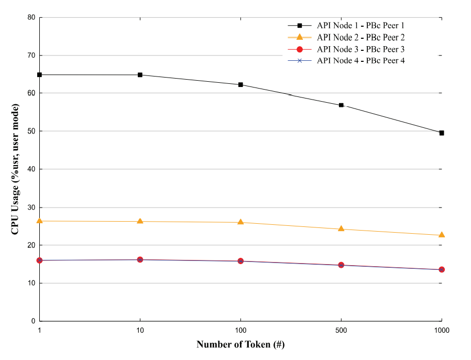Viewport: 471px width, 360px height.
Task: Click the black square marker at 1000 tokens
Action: click(442, 133)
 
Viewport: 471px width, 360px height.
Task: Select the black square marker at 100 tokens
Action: click(240, 85)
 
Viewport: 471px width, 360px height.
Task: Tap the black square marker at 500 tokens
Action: click(341, 105)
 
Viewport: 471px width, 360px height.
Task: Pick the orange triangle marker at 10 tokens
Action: click(140, 221)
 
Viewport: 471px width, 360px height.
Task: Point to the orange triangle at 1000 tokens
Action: click(442, 235)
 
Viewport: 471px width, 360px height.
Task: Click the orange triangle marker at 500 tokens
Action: click(341, 228)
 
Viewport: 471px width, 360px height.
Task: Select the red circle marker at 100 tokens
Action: click(240, 261)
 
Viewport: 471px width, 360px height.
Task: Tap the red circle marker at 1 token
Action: click(39, 260)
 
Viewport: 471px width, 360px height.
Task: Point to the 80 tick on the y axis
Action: click(31, 17)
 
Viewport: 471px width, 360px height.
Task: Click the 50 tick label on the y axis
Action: click(31, 132)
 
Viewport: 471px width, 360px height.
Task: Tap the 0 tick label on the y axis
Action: click(33, 321)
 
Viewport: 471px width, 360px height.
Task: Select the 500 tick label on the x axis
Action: click(341, 331)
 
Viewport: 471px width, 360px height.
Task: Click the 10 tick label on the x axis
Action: click(140, 331)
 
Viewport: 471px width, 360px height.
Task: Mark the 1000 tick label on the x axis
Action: click(442, 331)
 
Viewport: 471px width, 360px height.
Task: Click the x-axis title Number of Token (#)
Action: click(240, 345)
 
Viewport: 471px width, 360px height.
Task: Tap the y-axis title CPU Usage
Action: click(16, 169)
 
